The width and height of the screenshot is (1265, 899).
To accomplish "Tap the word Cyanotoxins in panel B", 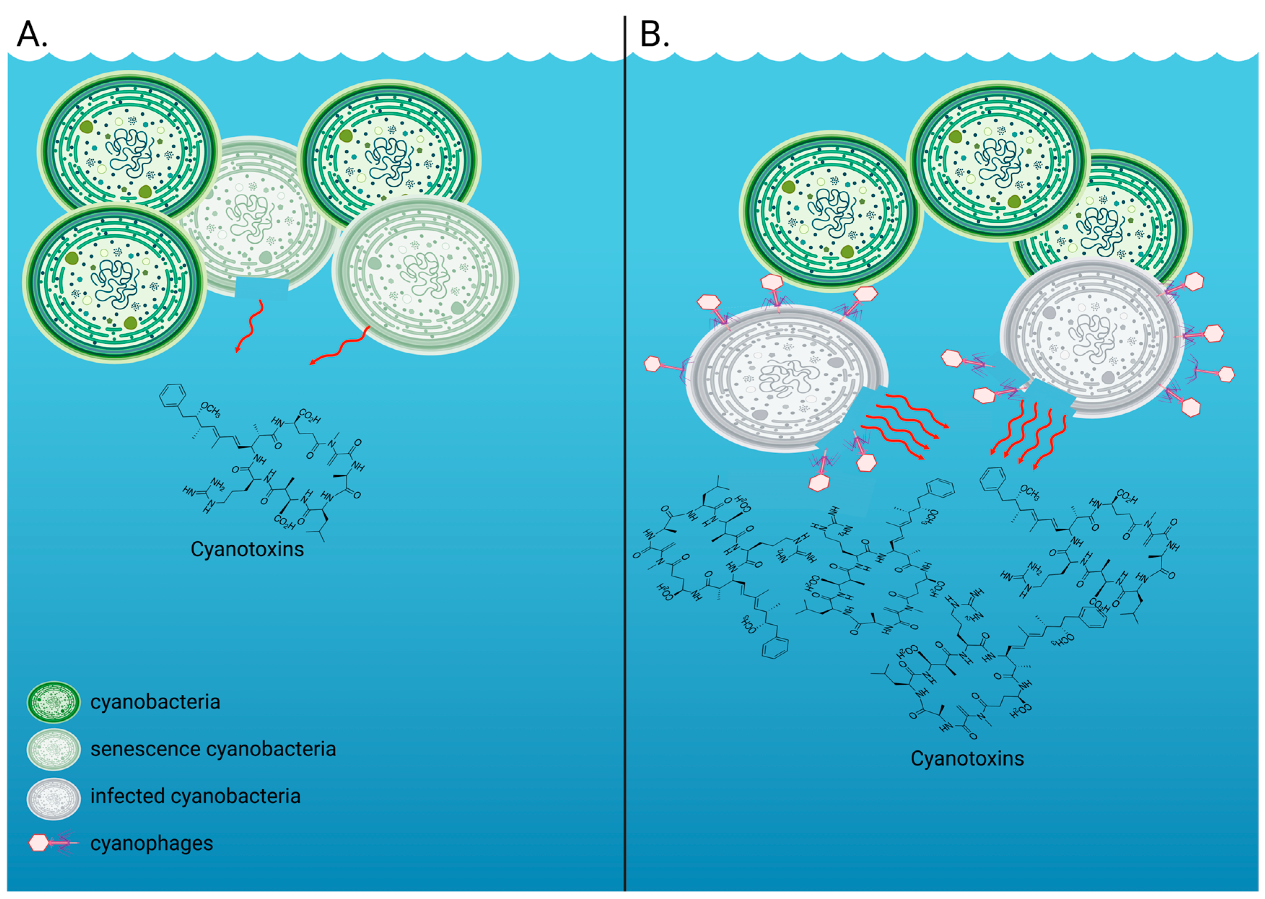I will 967,758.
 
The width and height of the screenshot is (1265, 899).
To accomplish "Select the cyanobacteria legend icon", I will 54,702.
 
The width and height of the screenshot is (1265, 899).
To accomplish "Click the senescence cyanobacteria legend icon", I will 54,749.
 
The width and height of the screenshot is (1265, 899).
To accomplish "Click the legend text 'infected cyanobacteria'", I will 195,796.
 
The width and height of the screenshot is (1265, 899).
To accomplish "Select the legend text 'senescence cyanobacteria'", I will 213,749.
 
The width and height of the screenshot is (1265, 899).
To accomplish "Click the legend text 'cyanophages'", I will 152,843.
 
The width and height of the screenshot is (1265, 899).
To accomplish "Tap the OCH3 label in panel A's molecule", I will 211,410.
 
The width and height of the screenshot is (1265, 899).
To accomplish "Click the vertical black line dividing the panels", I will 625,443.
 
